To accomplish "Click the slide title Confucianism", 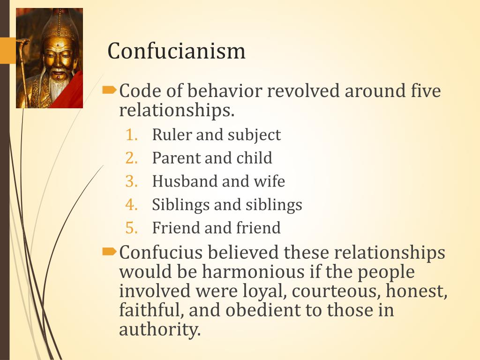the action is point(176,51).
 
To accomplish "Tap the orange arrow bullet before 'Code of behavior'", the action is point(109,90).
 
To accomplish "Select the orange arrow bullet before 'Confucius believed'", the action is point(109,252).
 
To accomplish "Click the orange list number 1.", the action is point(132,135).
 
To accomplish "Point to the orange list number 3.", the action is point(132,181).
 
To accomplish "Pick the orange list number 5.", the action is point(132,228).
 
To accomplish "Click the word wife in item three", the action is point(270,181).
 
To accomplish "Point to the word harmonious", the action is point(253,271).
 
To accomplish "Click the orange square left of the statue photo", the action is point(8,51).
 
